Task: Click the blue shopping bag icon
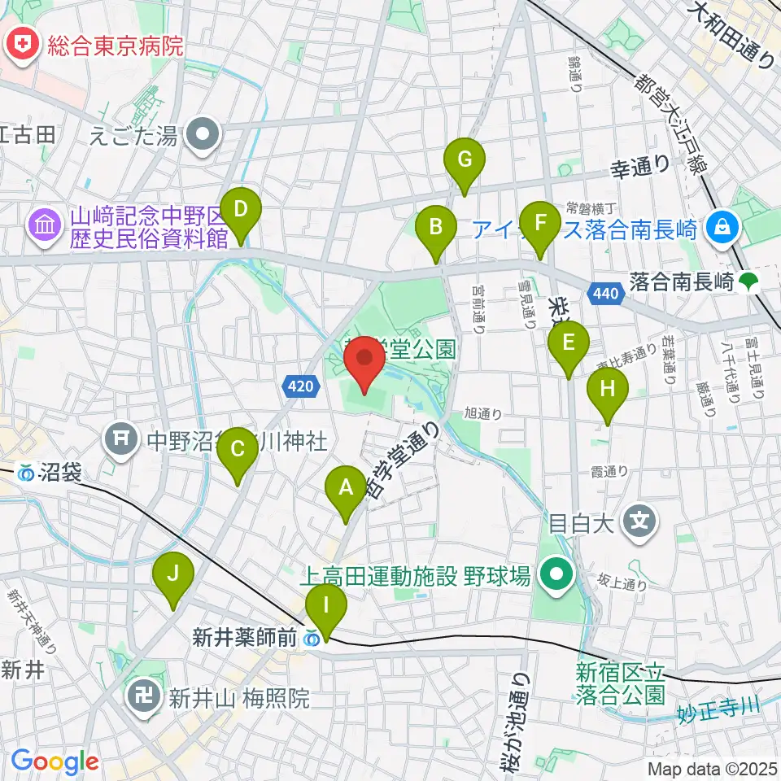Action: coord(721,225)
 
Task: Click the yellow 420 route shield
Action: coord(299,387)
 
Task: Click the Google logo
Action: coord(55,761)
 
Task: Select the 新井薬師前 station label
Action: coord(244,639)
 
